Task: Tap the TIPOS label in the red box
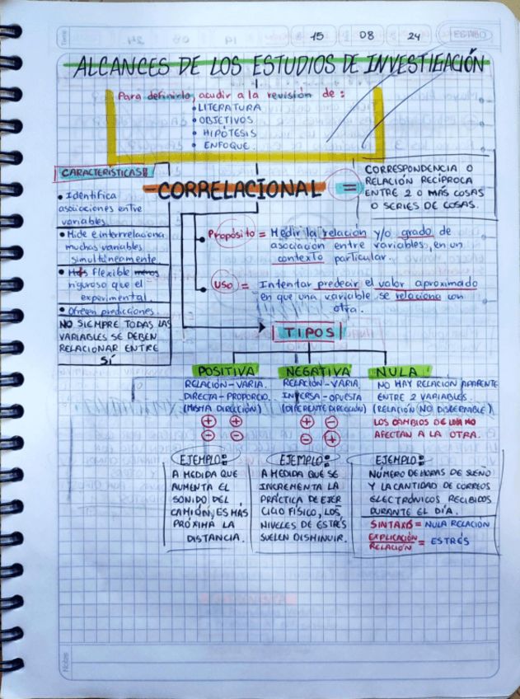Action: [x=307, y=332]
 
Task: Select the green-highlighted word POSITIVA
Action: [x=225, y=371]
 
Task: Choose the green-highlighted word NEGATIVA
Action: [x=317, y=371]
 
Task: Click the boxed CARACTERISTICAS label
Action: [x=103, y=173]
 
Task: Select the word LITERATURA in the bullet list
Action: [x=228, y=107]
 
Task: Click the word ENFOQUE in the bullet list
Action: [x=224, y=144]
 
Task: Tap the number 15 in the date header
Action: [x=317, y=35]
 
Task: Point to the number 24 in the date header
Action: [x=413, y=35]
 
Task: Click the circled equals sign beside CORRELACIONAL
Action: [x=347, y=189]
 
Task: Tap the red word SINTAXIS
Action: [x=392, y=523]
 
